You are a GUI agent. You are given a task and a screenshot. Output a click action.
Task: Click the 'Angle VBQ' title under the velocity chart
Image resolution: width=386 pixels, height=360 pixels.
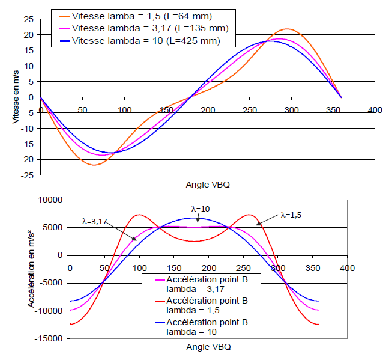pyautogui.click(x=207, y=185)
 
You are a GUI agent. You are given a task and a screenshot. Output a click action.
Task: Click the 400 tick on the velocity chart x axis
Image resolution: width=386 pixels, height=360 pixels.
pyautogui.click(x=375, y=110)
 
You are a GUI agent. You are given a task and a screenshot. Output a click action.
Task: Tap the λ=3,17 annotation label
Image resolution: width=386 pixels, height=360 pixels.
pyautogui.click(x=98, y=221)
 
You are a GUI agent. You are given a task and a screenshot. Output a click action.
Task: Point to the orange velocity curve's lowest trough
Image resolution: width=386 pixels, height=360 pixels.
pyautogui.click(x=94, y=165)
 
